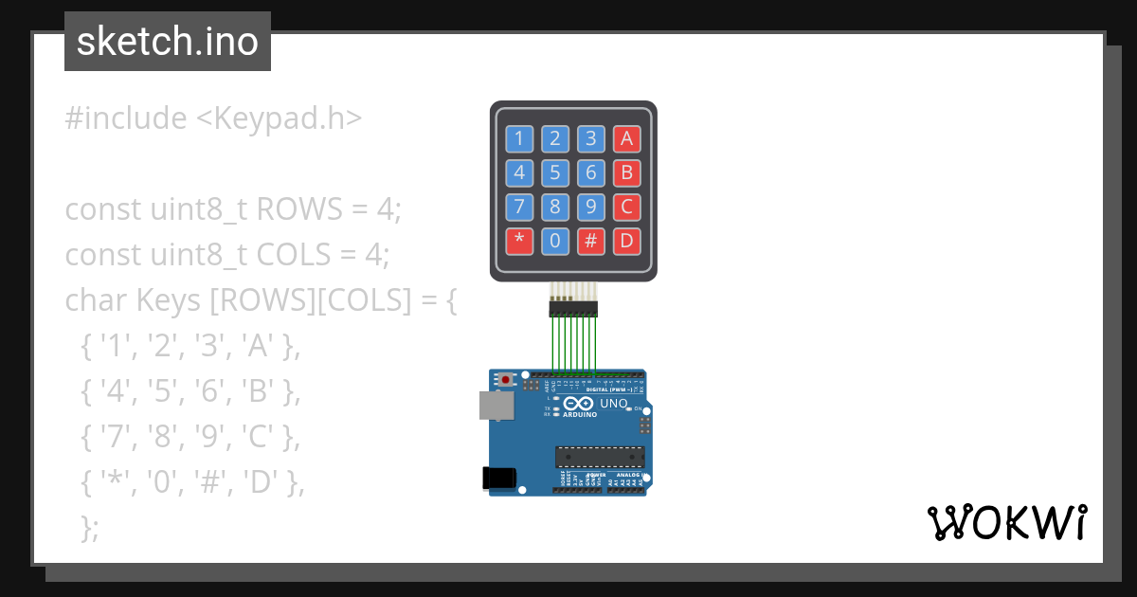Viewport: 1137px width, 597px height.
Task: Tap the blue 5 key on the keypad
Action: [555, 172]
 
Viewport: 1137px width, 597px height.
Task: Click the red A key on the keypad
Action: [625, 139]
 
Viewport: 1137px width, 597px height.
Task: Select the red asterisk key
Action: [519, 241]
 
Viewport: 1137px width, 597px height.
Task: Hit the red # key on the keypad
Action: [590, 241]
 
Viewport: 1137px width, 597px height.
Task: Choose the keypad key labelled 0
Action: [555, 241]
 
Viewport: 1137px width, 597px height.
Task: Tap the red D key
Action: [625, 241]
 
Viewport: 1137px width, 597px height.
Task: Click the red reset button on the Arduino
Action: [506, 380]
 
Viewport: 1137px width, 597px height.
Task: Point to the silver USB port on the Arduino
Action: [496, 406]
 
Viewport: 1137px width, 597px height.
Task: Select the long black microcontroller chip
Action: [600, 456]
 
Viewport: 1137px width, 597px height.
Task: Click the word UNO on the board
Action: [614, 404]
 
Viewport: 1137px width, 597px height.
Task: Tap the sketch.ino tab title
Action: [167, 42]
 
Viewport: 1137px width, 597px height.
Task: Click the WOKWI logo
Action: [1006, 522]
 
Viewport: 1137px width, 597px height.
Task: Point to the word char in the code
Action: [97, 300]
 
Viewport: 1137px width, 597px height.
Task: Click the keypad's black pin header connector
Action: [572, 308]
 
